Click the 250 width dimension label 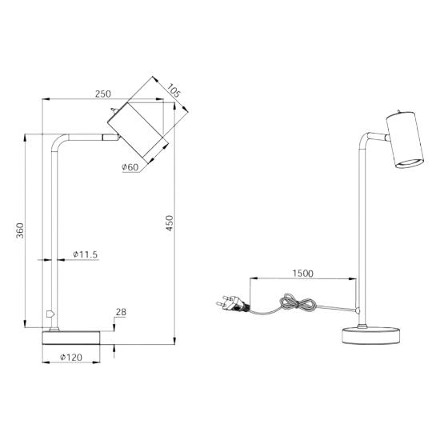click(x=103, y=94)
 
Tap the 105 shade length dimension click(x=173, y=90)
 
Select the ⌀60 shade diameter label click(x=130, y=167)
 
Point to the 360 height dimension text click(x=20, y=230)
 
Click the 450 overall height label click(x=170, y=223)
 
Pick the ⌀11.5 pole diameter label click(x=85, y=254)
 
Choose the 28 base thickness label click(x=121, y=312)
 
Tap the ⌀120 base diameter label click(x=71, y=358)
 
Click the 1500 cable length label click(x=302, y=274)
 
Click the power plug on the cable click(x=232, y=303)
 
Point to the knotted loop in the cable click(x=298, y=302)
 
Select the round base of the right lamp click(x=371, y=336)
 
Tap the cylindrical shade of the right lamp click(x=405, y=140)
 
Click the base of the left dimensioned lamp click(x=71, y=338)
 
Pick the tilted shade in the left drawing click(x=138, y=133)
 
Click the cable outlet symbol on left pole click(x=50, y=314)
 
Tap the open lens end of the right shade click(x=410, y=163)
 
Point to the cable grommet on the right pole click(x=358, y=310)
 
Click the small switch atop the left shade click(x=114, y=110)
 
